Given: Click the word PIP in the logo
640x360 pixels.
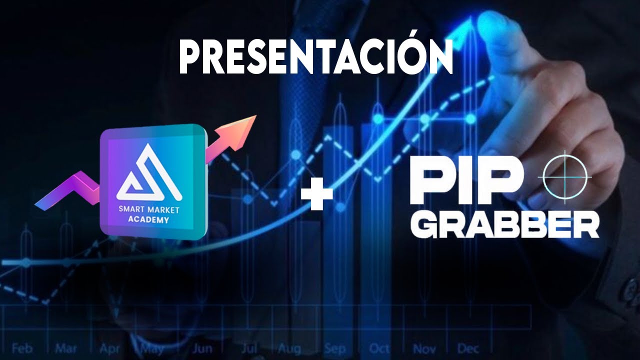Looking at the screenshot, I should coord(462,178).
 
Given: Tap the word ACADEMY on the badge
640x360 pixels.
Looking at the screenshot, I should coord(148,220).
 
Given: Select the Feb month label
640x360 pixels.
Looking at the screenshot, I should coord(22,347).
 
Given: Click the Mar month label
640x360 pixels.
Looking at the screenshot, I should coord(65,347).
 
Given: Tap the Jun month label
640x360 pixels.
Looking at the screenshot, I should coord(202,347).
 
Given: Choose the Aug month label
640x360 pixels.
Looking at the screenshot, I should coord(289,347).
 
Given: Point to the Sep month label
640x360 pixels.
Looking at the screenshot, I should coord(334,347).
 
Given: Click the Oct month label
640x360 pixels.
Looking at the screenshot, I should coord(379,347).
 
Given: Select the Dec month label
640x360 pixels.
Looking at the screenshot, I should coord(468,347).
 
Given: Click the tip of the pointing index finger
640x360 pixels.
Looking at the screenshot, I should coord(487,22).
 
